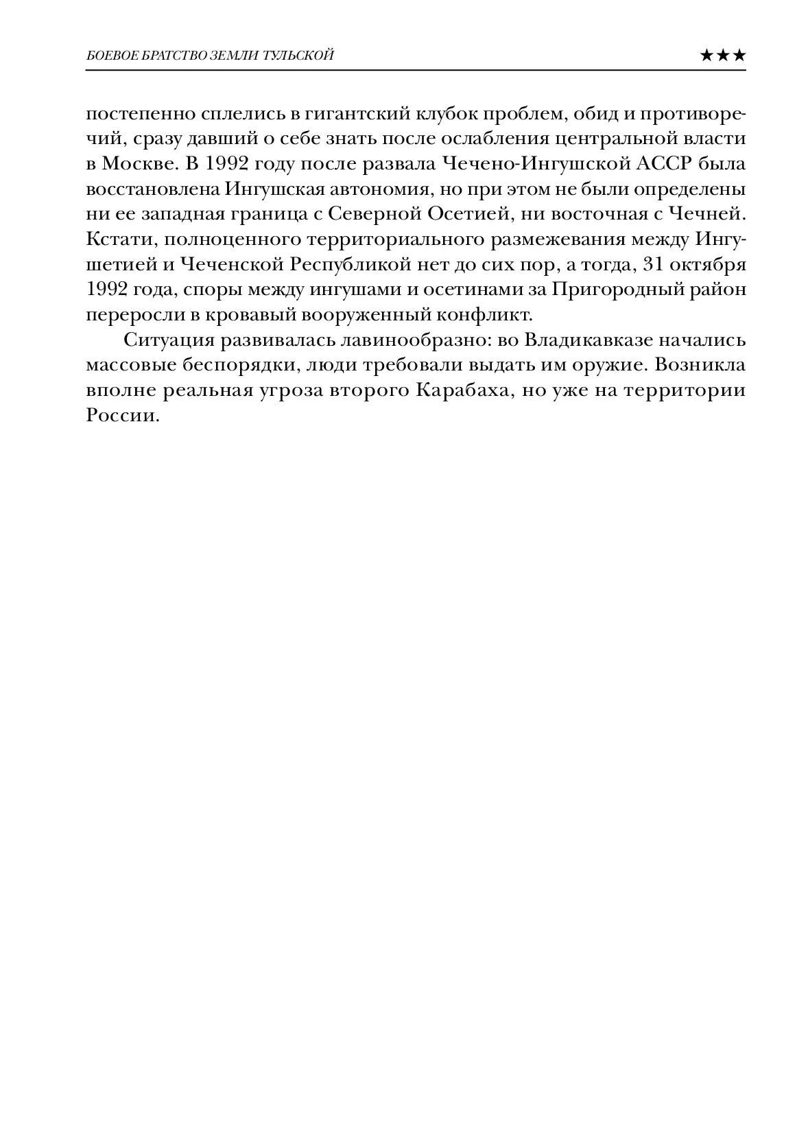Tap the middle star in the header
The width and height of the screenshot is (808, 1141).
[722, 56]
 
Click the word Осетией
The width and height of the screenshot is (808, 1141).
[468, 214]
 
